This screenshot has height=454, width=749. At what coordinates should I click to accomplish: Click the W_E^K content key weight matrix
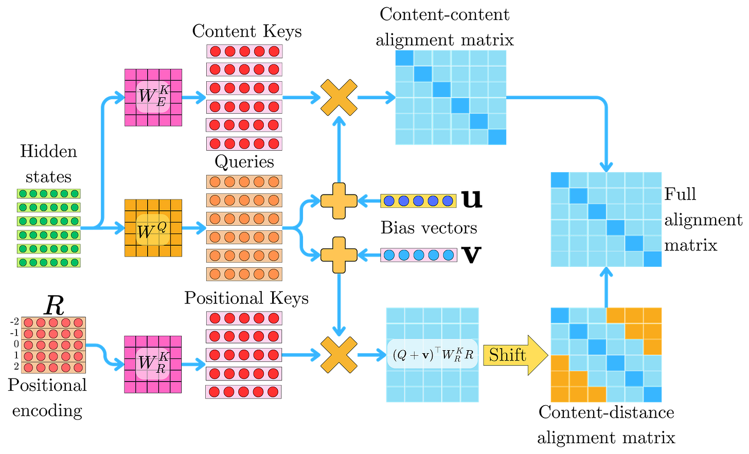(x=153, y=98)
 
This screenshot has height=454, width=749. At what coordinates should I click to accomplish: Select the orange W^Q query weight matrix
(x=153, y=228)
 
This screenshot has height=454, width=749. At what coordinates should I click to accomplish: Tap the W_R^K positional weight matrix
(x=153, y=365)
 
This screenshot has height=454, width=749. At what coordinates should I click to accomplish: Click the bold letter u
(x=472, y=199)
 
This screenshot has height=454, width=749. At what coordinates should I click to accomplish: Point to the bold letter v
(x=471, y=255)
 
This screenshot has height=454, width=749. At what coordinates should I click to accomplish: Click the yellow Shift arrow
(x=515, y=355)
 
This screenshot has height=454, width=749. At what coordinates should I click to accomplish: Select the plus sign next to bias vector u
(x=339, y=201)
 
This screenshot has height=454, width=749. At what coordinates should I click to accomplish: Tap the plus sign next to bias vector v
(x=339, y=255)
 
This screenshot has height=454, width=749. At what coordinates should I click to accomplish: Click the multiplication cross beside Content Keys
(x=339, y=98)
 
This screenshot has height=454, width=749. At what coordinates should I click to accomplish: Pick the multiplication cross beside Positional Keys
(x=339, y=355)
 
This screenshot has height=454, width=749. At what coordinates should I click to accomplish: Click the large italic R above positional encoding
(x=54, y=305)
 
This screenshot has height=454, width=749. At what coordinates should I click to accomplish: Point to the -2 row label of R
(x=14, y=322)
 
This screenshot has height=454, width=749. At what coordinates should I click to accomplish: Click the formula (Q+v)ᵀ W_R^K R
(x=433, y=355)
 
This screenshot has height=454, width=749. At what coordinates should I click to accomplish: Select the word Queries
(x=244, y=162)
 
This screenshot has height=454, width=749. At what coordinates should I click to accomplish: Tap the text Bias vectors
(x=429, y=228)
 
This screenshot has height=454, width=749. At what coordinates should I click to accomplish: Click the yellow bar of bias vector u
(x=418, y=201)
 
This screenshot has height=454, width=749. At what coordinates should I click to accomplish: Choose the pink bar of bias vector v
(x=419, y=255)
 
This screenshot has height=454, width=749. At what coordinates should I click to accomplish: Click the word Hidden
(x=48, y=151)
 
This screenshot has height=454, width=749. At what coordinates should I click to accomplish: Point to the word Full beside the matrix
(x=680, y=194)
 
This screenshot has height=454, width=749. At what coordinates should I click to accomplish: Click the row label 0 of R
(x=16, y=344)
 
